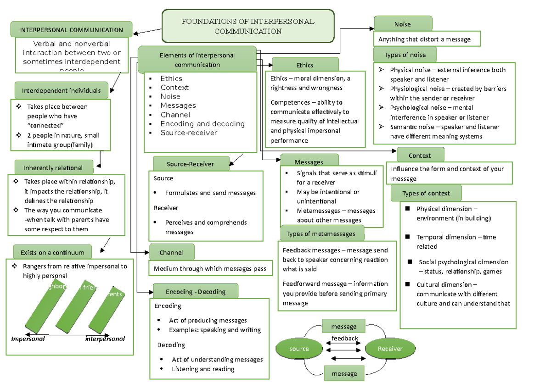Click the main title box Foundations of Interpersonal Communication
pos(248,26)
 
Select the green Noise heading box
pos(403,24)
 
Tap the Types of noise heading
pos(405,55)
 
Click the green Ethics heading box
pos(305,65)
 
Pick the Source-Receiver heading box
pos(191,164)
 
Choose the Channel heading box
pos(172,252)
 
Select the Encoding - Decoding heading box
pos(196,291)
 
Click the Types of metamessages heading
pos(321,233)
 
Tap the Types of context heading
pos(426,193)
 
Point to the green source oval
pos(299,349)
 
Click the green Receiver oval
pos(390,349)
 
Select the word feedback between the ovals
pos(345,339)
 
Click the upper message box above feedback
pos(344,327)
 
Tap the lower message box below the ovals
pos(344,373)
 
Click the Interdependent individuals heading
pos(61,90)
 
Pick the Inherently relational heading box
pos(53,167)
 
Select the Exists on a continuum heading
pos(52,252)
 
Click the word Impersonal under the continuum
pos(28,339)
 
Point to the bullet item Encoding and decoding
pos(202,124)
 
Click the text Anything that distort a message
pos(424,39)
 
